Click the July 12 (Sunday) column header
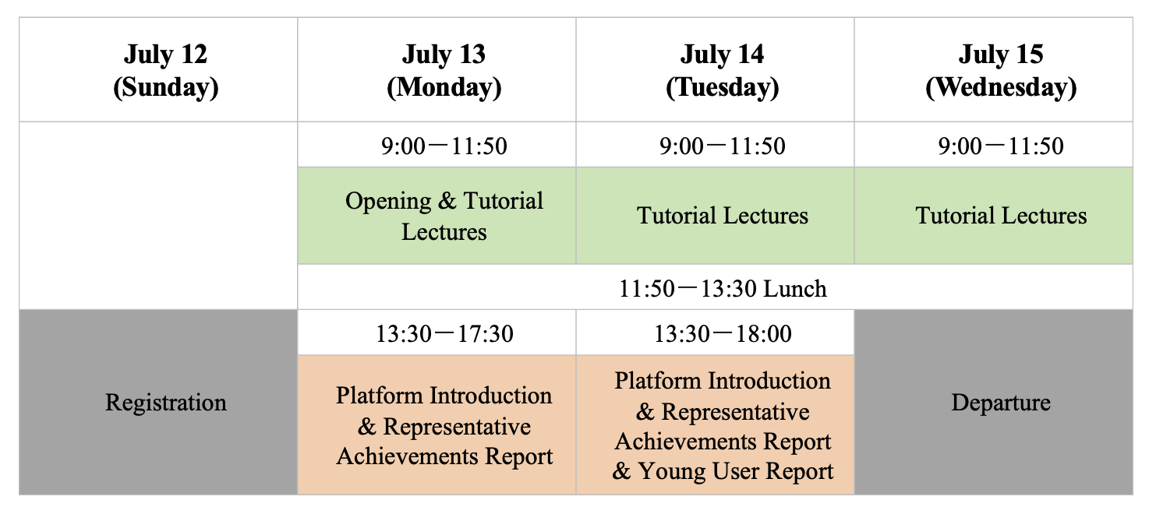pyautogui.click(x=166, y=70)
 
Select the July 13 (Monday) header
pyautogui.click(x=444, y=70)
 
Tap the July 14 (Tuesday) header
pyautogui.click(x=723, y=70)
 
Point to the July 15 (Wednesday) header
pyautogui.click(x=1001, y=70)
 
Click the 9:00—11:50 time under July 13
pyautogui.click(x=444, y=146)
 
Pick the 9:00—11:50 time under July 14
pyautogui.click(x=723, y=146)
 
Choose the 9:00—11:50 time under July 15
pyautogui.click(x=1001, y=146)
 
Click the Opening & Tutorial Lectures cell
pyautogui.click(x=444, y=216)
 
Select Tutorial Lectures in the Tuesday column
pyautogui.click(x=723, y=216)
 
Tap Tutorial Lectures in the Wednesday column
pyautogui.click(x=1001, y=216)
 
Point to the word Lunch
pyautogui.click(x=795, y=288)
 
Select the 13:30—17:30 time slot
pyautogui.click(x=444, y=333)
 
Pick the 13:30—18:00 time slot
pyautogui.click(x=723, y=333)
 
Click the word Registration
pyautogui.click(x=166, y=403)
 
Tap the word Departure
pyautogui.click(x=1001, y=403)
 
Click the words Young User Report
pyautogui.click(x=736, y=471)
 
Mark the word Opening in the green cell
pyautogui.click(x=388, y=202)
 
